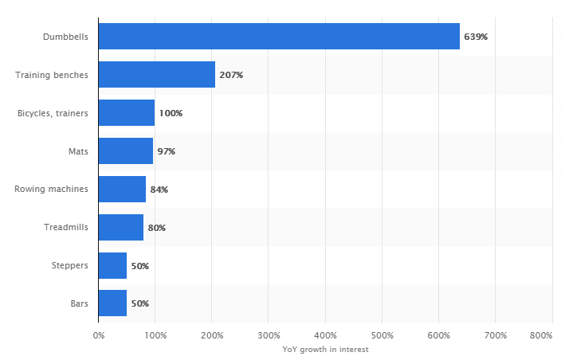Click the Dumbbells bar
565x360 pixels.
point(279,37)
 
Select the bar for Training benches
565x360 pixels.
point(157,75)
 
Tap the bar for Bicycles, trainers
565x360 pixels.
point(127,113)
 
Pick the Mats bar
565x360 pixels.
point(126,151)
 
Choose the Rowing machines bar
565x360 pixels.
point(122,190)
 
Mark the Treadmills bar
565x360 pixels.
point(121,228)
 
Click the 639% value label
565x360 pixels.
point(476,37)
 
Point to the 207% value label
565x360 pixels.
point(231,75)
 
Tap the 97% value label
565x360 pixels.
point(167,151)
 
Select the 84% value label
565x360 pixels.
point(159,190)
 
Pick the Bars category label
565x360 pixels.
point(80,303)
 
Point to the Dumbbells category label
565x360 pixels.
point(66,37)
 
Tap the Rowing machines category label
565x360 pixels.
point(52,190)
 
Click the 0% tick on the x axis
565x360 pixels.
point(99,335)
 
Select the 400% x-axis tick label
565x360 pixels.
point(326,335)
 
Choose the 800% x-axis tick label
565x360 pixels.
point(541,335)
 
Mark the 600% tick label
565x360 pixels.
point(439,335)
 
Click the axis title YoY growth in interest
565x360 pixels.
point(325,349)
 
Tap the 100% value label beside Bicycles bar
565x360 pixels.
point(171,113)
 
